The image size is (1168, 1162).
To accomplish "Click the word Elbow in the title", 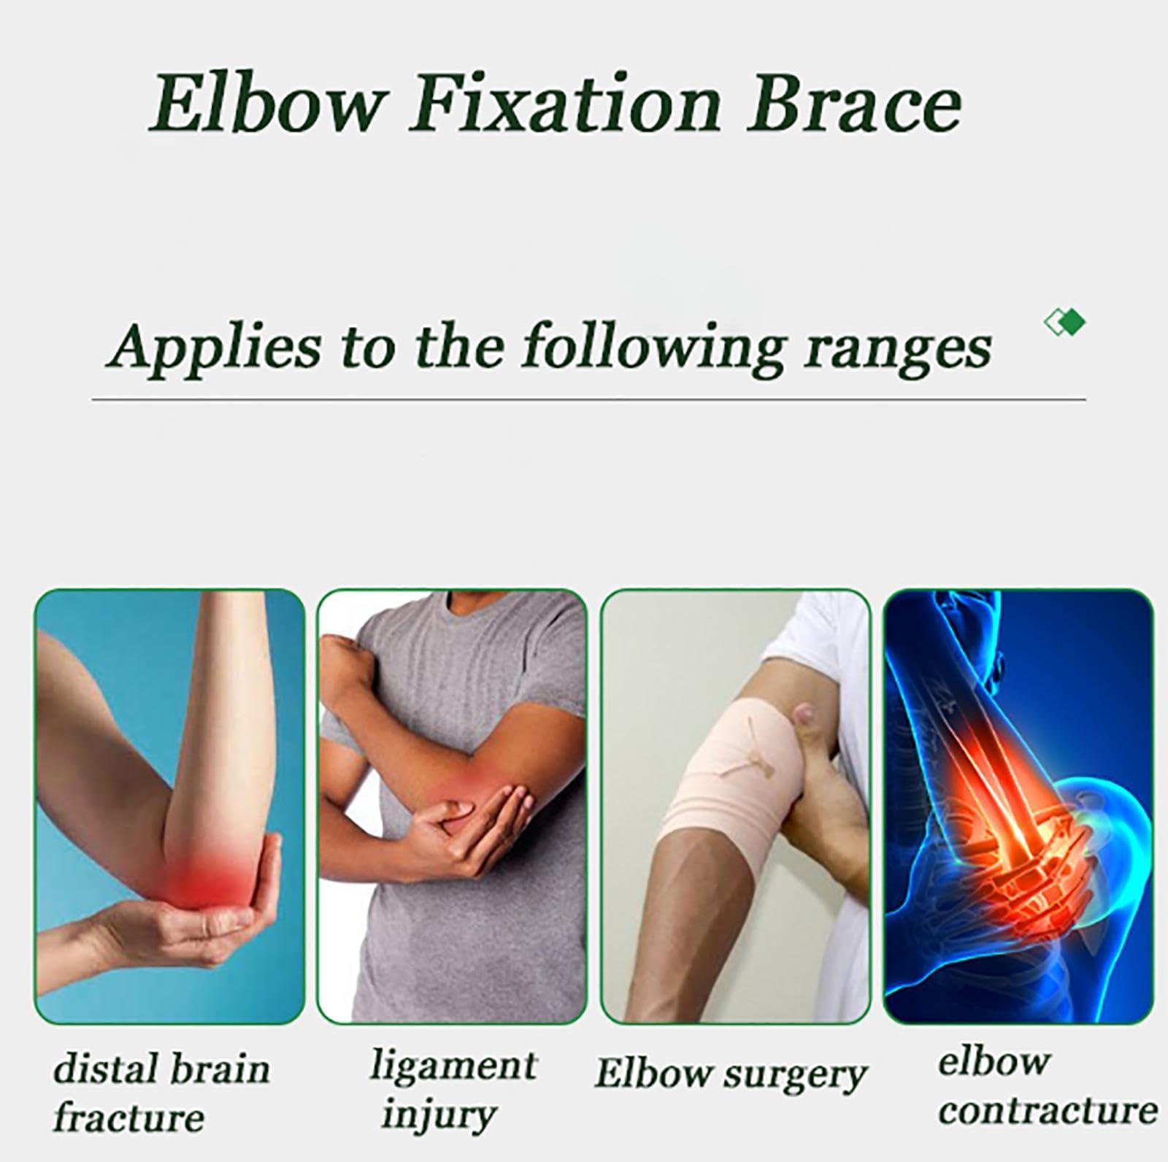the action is (x=266, y=105).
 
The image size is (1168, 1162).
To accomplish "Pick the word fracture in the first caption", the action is (x=128, y=1118).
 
